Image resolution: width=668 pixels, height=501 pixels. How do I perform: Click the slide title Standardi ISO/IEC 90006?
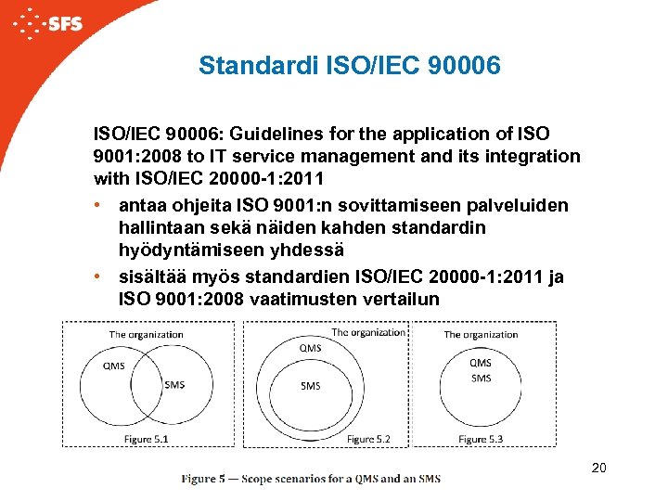pyautogui.click(x=350, y=66)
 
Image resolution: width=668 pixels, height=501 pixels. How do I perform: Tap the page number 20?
pyautogui.click(x=598, y=469)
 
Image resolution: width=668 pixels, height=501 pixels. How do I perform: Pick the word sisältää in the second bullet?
pyautogui.click(x=153, y=276)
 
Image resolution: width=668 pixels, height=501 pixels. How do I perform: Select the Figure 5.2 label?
pyautogui.click(x=368, y=438)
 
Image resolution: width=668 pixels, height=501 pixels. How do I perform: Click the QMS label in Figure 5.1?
pyautogui.click(x=113, y=366)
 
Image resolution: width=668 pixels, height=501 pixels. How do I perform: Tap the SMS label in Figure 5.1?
pyautogui.click(x=173, y=384)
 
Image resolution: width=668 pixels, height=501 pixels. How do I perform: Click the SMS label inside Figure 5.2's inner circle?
pyautogui.click(x=311, y=386)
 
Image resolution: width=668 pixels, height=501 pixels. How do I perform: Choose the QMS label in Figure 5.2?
pyautogui.click(x=311, y=348)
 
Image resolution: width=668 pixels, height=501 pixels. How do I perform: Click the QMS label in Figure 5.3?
pyautogui.click(x=481, y=363)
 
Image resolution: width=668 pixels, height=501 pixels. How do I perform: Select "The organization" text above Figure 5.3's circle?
pyautogui.click(x=481, y=334)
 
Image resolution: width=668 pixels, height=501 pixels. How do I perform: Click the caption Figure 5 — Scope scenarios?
pyautogui.click(x=311, y=479)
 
